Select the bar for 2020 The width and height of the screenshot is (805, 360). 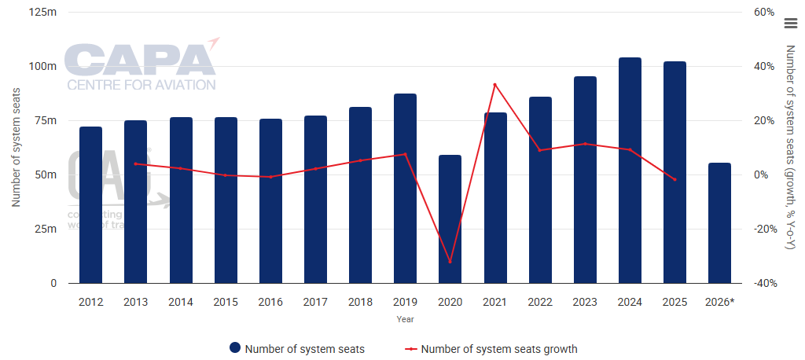point(450,219)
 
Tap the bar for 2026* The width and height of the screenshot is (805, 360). point(719,223)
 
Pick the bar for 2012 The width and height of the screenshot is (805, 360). point(90,205)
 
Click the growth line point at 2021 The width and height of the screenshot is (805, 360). point(494,84)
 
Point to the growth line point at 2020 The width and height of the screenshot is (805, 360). point(450,262)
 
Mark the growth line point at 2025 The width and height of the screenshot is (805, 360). point(675,179)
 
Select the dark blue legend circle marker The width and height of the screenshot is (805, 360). point(234,349)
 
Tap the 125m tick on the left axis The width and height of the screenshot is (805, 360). point(42,13)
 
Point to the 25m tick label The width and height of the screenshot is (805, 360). point(46,230)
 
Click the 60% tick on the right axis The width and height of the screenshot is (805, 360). point(764,13)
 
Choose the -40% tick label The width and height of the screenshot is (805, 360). point(763,284)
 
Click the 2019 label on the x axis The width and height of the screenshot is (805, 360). point(405,302)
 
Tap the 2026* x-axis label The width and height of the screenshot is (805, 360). point(719,302)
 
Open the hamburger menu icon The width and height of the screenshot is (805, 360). point(791,24)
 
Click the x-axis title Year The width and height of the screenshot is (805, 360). point(405,319)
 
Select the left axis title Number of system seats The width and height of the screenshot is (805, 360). point(15,148)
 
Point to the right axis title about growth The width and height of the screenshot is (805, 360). point(790,148)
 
